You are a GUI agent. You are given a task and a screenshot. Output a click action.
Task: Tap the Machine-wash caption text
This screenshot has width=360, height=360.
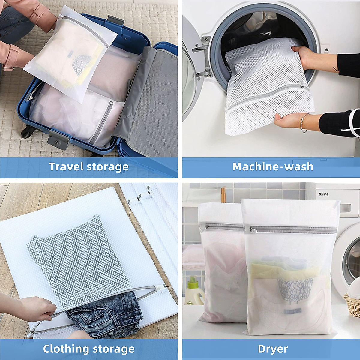tap(273, 167)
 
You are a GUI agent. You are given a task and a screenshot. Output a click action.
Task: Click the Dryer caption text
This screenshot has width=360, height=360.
tap(273, 349)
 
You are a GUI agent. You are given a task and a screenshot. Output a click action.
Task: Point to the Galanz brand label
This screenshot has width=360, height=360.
tap(323, 194)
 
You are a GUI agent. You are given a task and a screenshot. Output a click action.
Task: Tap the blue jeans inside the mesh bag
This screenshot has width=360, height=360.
tap(105, 312)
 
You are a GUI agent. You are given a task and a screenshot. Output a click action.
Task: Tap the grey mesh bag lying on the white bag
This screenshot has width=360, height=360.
tap(75, 258)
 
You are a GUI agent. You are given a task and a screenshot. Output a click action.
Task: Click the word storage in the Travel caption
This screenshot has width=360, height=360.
tap(108, 167)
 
